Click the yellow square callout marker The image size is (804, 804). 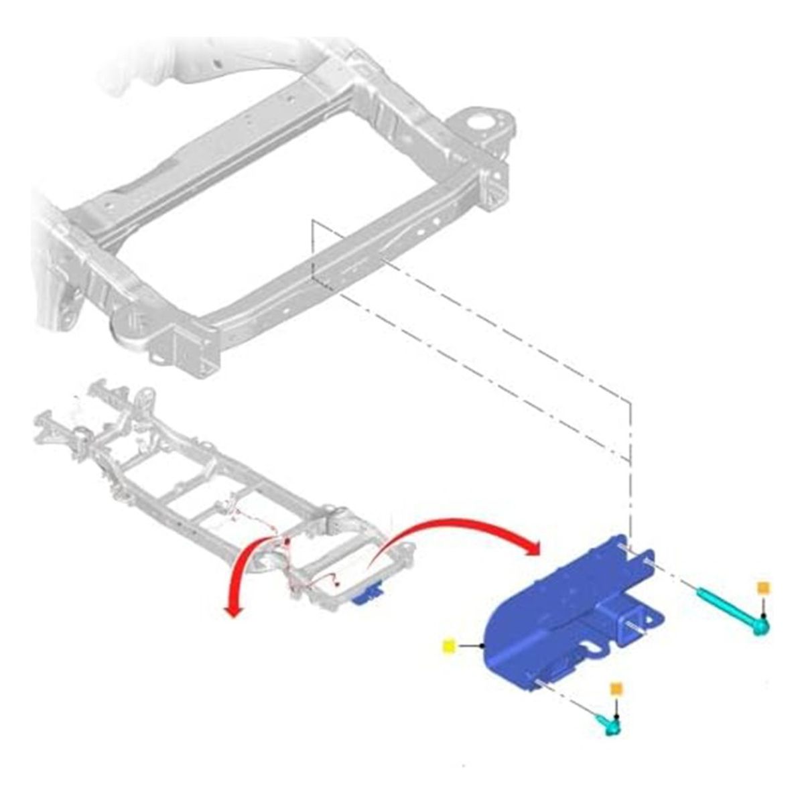(448, 645)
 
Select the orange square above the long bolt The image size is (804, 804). (763, 588)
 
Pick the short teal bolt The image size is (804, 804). (608, 723)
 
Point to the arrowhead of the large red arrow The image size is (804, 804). (533, 548)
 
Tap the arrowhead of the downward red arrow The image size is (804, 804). (232, 610)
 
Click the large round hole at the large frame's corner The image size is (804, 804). (480, 126)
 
